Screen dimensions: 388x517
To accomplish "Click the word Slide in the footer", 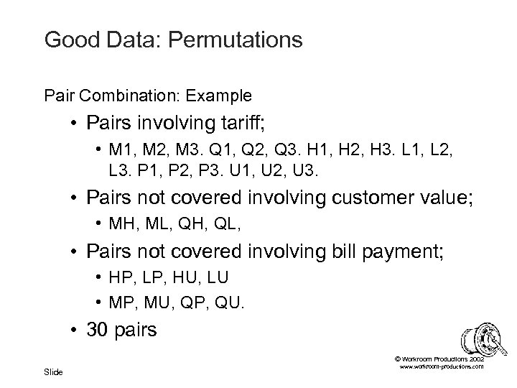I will point(53,371).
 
